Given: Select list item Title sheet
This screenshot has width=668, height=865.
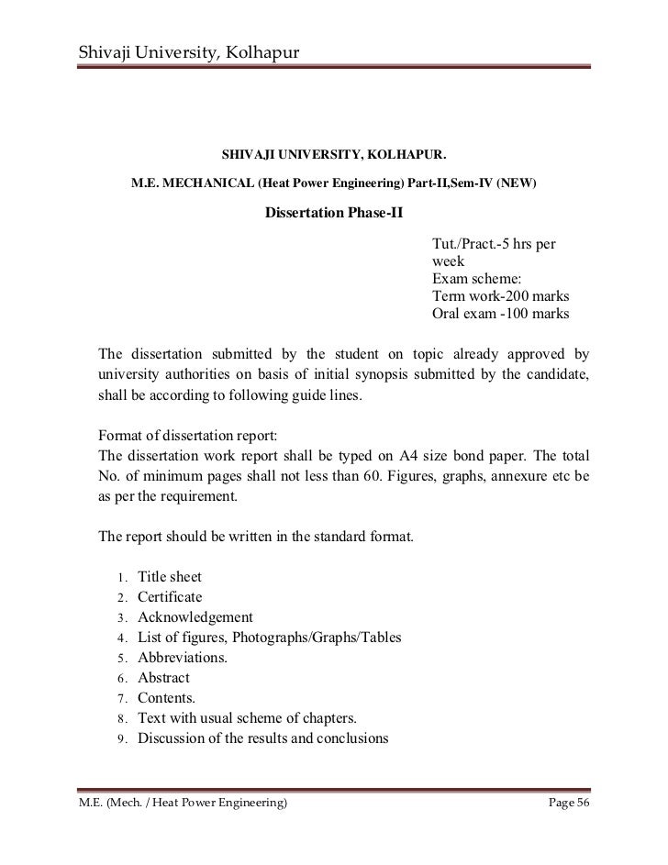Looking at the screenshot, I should (170, 577).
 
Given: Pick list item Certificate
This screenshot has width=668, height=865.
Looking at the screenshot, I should (170, 597).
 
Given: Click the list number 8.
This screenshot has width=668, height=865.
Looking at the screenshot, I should (121, 718).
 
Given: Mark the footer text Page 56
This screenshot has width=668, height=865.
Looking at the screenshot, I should (569, 804).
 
